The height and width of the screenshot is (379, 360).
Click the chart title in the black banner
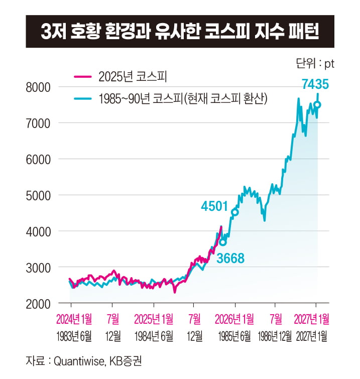click(x=180, y=32)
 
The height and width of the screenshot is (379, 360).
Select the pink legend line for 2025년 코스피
click(x=82, y=77)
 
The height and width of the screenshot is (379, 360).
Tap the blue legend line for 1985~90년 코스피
click(x=82, y=99)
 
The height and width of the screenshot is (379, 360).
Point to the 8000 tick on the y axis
click(x=42, y=87)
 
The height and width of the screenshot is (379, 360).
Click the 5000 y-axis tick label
click(x=42, y=195)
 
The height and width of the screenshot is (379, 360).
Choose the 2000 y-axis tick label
click(x=42, y=304)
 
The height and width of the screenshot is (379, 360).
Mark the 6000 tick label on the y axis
click(x=42, y=159)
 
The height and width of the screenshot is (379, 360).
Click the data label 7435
click(x=315, y=84)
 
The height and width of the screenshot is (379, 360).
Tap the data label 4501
click(x=215, y=206)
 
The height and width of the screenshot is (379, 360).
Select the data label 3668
click(x=230, y=259)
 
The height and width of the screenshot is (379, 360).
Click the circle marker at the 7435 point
click(x=317, y=105)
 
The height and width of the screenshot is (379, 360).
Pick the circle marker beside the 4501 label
click(x=234, y=212)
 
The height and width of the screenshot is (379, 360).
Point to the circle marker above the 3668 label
click(x=223, y=242)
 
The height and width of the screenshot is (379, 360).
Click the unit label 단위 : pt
click(x=315, y=64)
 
